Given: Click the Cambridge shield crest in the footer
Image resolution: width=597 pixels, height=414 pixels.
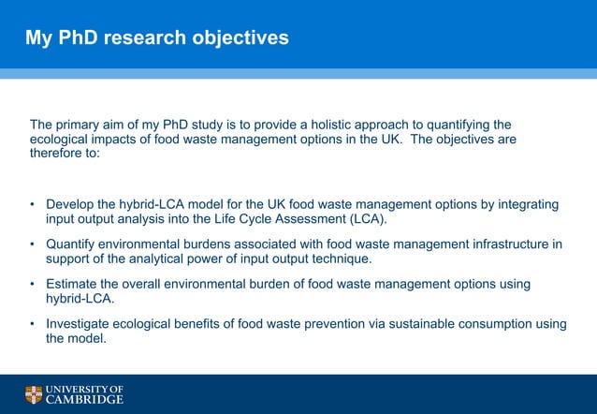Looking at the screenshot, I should (x=34, y=394).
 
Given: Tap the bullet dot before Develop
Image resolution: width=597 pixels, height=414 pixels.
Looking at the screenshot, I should (x=33, y=205).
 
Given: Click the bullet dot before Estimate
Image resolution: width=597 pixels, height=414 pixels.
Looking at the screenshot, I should (x=33, y=285).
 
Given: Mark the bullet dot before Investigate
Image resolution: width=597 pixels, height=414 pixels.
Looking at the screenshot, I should (x=33, y=325).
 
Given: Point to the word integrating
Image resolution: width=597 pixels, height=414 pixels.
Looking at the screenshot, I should (x=525, y=205).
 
